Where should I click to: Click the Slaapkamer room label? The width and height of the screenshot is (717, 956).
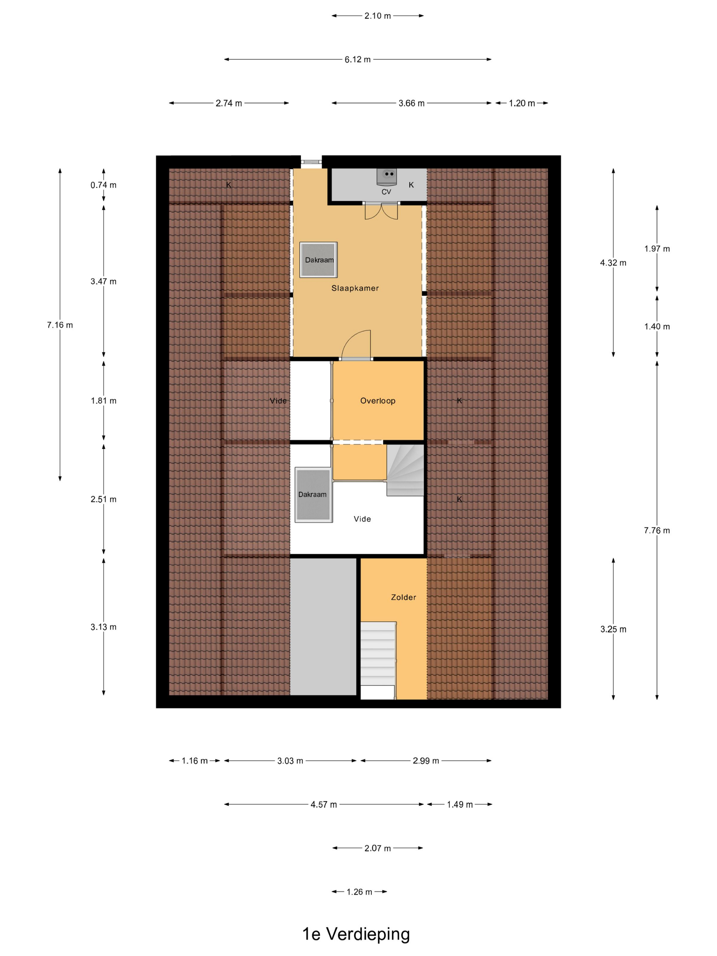click(355, 288)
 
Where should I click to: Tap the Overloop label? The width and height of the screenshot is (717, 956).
click(378, 400)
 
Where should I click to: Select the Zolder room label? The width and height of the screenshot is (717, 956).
click(403, 597)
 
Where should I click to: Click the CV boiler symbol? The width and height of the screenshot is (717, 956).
click(387, 177)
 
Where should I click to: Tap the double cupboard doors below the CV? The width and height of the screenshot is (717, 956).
click(381, 211)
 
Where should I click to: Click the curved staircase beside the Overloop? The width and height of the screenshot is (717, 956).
click(405, 470)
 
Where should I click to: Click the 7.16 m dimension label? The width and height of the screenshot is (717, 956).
click(60, 325)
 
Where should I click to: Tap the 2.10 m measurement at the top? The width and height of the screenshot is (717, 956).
click(377, 16)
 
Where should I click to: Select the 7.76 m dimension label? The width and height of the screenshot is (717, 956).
click(657, 530)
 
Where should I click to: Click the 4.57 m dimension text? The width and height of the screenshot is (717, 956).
click(324, 804)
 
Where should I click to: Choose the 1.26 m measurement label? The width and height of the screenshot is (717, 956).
click(359, 891)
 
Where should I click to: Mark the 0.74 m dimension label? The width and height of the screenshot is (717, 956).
click(103, 185)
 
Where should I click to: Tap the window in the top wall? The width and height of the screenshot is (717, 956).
click(311, 161)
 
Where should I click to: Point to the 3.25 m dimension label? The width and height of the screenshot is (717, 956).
click(613, 629)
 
